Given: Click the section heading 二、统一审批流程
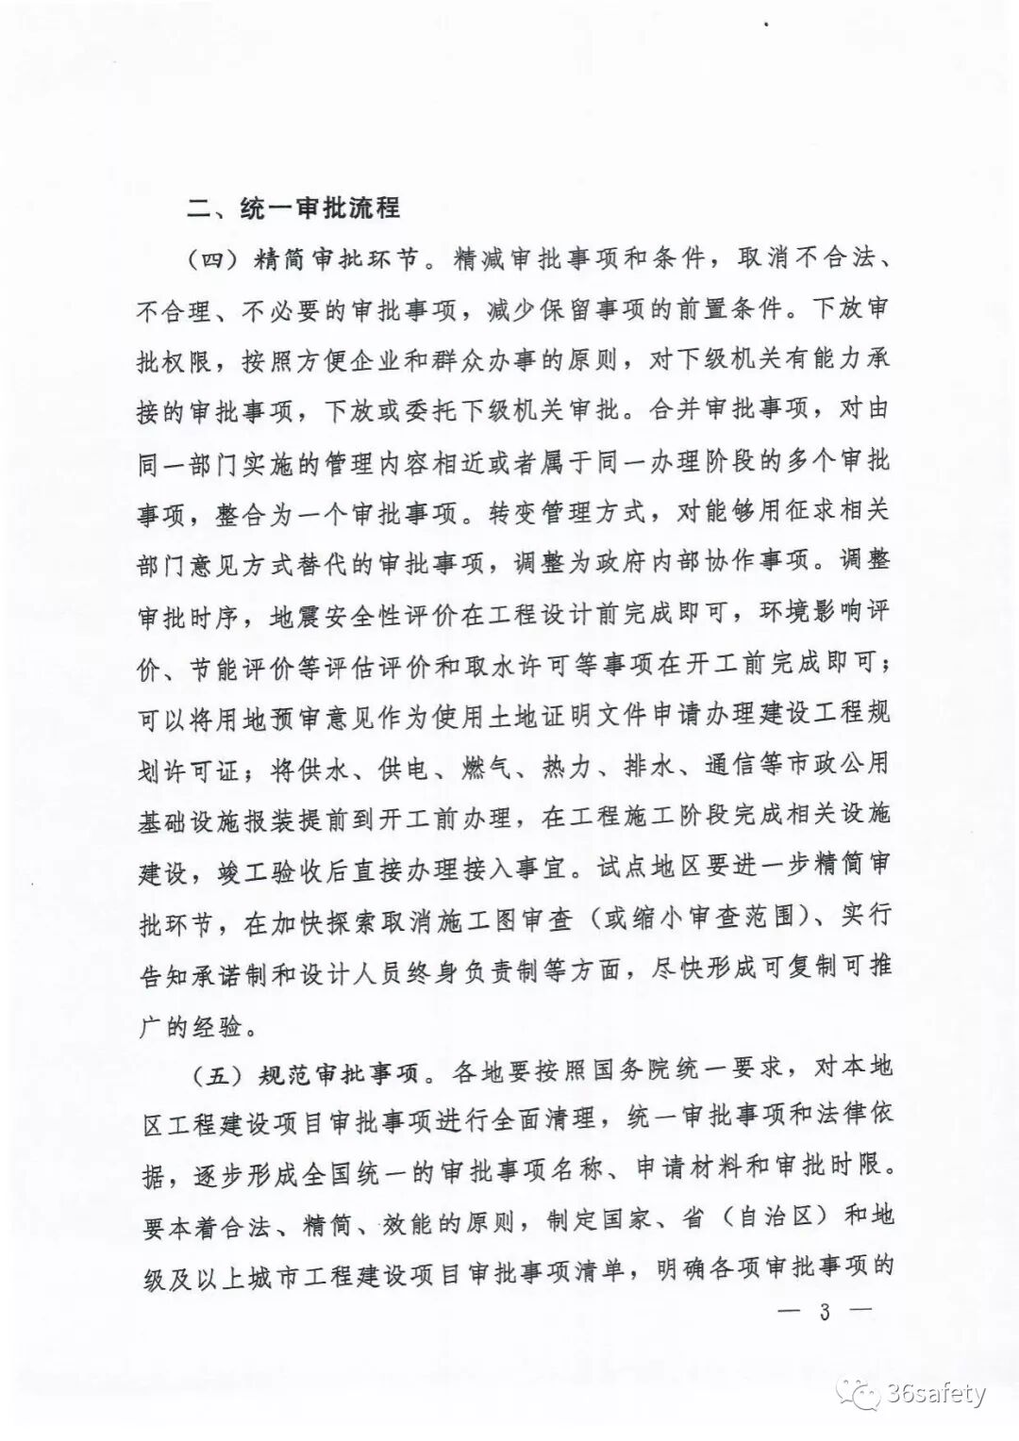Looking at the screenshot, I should point(293,207).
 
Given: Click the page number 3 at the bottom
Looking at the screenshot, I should point(824,1312).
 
